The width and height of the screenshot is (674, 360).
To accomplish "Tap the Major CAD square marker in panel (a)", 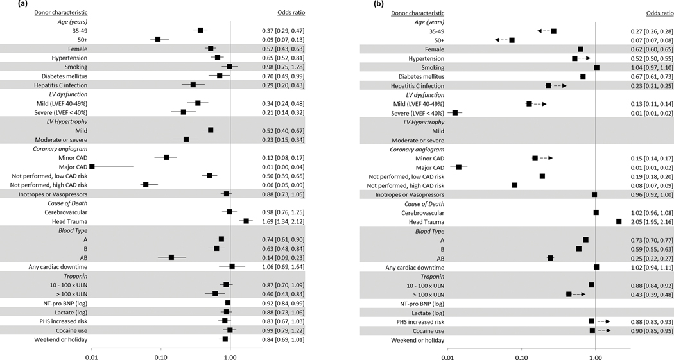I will [x=92, y=166].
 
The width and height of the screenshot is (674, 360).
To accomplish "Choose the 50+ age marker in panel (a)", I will [x=158, y=39].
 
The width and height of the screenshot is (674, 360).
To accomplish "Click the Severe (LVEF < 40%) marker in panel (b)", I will [x=455, y=112].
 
